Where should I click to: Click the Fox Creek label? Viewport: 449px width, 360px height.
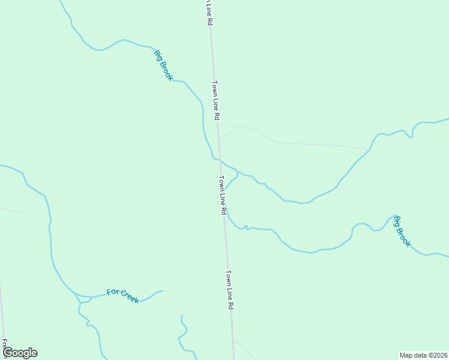123,295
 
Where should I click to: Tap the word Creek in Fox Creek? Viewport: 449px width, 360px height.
130,296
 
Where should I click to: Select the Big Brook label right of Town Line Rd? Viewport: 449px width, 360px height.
402,232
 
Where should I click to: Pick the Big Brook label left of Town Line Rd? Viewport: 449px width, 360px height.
163,65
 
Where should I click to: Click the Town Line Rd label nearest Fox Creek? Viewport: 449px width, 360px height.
229,289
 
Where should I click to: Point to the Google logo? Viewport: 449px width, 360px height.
20,353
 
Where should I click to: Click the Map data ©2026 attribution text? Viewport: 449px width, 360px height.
423,355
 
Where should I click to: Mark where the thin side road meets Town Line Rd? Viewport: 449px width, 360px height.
218,136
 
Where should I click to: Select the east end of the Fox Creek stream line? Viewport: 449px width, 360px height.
163,291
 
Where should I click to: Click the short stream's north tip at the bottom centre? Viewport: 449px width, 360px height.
181,314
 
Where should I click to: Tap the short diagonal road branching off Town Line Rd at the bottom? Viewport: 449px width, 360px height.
243,348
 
